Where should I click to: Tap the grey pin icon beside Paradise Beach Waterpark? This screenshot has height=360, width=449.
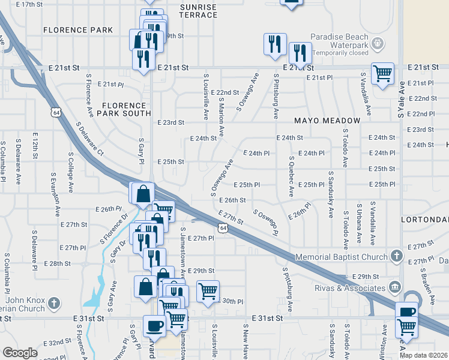[x=376, y=43]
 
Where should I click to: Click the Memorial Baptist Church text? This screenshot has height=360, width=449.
[x=340, y=257]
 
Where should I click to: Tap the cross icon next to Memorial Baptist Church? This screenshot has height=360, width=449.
[x=396, y=257]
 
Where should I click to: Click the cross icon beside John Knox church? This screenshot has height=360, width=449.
[x=54, y=302]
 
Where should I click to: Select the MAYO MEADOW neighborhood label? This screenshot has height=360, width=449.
[x=327, y=121]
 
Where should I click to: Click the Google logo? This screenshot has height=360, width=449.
[x=20, y=352]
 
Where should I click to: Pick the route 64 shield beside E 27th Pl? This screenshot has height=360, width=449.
[x=223, y=228]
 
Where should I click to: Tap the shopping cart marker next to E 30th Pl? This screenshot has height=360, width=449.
[x=208, y=292]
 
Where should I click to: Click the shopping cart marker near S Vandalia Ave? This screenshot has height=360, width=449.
[x=382, y=74]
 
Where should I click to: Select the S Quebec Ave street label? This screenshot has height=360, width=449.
[x=291, y=176]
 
